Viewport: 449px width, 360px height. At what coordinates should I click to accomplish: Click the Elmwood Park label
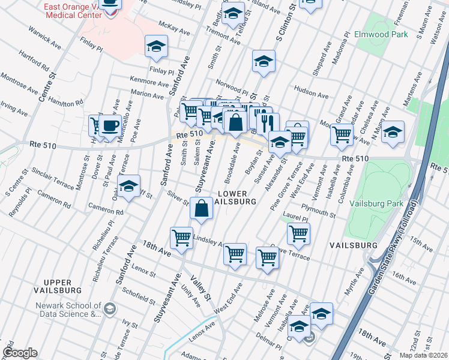point(381,35)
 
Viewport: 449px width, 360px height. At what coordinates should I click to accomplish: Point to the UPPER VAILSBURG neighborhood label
point(66,287)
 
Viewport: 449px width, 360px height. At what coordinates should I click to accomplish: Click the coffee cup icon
point(110,127)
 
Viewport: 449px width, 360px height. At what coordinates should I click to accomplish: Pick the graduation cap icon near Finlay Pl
point(156,46)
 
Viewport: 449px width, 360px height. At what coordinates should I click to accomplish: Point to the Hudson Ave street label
point(311,95)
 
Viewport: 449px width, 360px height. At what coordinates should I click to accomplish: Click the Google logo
point(20,353)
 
